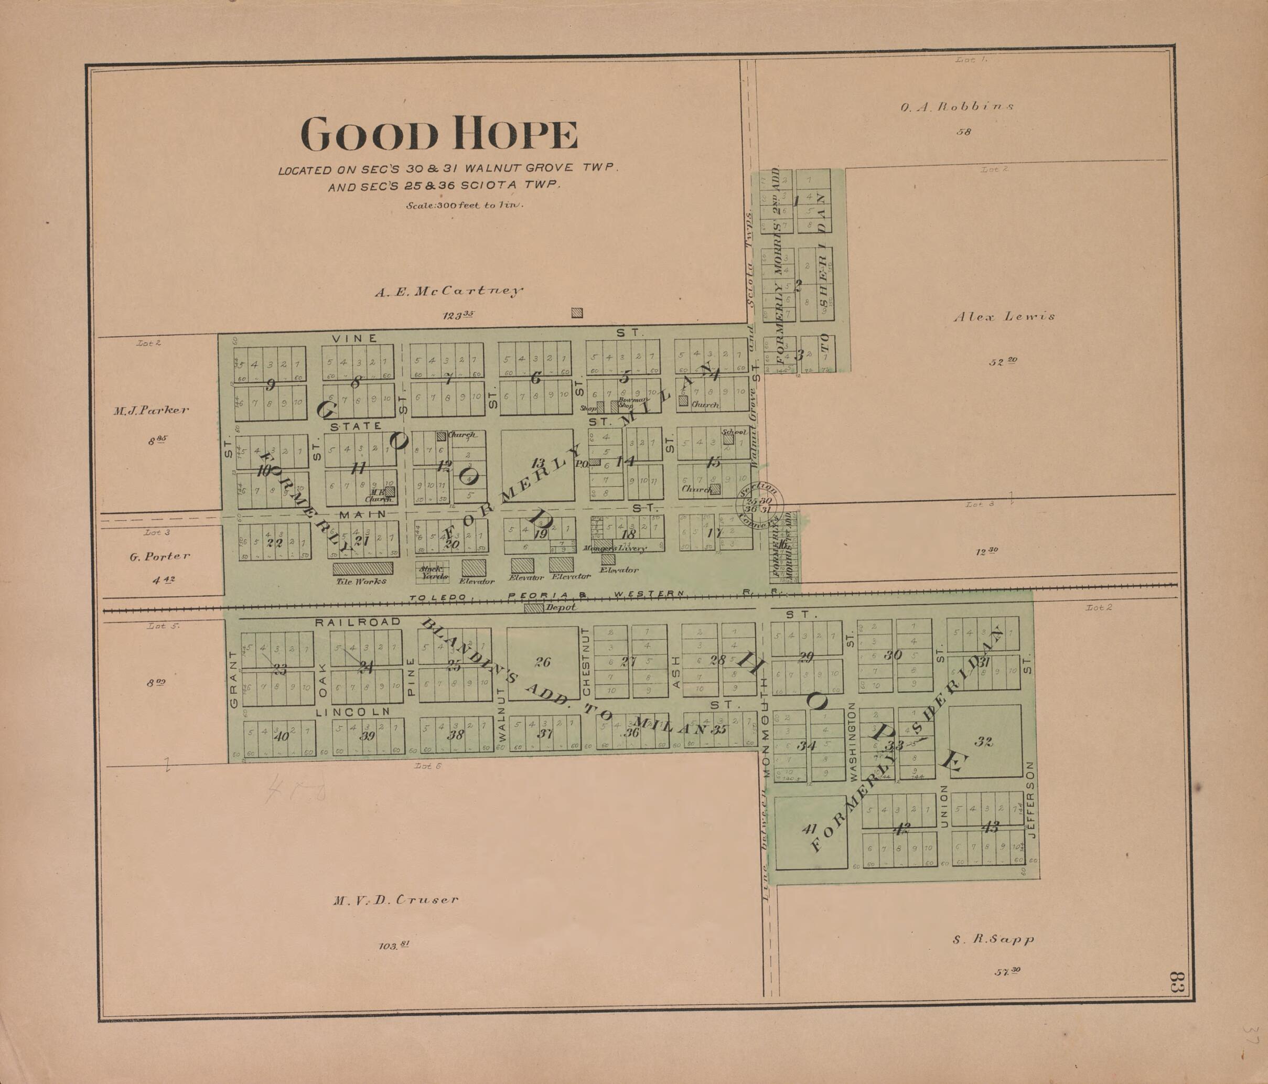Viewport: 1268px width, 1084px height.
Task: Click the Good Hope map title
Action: click(x=439, y=135)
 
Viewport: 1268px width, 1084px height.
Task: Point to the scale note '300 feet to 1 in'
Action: click(x=465, y=206)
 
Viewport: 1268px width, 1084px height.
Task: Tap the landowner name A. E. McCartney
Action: click(x=449, y=292)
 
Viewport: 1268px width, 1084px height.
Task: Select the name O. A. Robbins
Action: click(x=957, y=106)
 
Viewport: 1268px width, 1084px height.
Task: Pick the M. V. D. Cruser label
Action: click(x=395, y=900)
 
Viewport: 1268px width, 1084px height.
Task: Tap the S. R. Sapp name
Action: click(x=993, y=940)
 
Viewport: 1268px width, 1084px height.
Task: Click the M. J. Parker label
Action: click(x=151, y=411)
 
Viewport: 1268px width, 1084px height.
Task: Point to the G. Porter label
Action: click(x=160, y=556)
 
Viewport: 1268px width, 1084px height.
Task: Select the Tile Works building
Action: click(x=362, y=568)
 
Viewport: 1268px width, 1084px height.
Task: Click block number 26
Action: click(x=542, y=662)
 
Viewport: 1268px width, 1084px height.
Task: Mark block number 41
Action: click(x=809, y=829)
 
